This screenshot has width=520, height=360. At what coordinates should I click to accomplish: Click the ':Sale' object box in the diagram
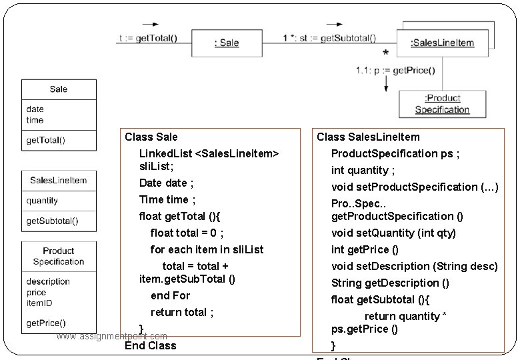tap(227, 43)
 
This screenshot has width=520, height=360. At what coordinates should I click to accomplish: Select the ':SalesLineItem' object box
tap(442, 43)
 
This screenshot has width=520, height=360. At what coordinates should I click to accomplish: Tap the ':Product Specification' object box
tap(442, 104)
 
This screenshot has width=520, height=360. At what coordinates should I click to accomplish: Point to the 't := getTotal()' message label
tap(148, 38)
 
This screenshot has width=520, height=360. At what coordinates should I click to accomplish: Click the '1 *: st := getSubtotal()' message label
tap(329, 38)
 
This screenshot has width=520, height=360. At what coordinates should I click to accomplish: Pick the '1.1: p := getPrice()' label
tap(395, 70)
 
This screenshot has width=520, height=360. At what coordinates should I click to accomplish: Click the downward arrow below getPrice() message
tap(385, 83)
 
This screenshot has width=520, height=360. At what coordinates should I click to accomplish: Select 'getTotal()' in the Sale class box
tap(46, 140)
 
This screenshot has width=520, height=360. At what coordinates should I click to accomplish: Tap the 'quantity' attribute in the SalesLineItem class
tap(42, 201)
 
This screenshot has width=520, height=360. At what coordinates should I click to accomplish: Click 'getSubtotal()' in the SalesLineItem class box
tap(52, 221)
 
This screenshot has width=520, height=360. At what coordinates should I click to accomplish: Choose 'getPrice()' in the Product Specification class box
tap(46, 323)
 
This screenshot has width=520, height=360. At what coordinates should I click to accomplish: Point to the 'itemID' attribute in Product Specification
tap(39, 303)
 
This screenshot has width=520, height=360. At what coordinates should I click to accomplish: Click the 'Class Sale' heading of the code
tap(151, 137)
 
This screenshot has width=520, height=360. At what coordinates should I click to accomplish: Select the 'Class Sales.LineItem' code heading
tap(368, 137)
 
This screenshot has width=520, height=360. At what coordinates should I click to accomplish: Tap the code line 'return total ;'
tap(182, 312)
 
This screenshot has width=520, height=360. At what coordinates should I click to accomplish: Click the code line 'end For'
tap(170, 295)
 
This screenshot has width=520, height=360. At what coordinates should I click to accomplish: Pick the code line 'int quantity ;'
tap(363, 170)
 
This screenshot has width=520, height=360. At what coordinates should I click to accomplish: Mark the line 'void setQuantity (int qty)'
tap(393, 233)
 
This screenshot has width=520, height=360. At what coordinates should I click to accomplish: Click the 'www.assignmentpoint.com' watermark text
tap(112, 336)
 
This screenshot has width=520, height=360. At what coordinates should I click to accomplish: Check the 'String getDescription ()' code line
tap(390, 283)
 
